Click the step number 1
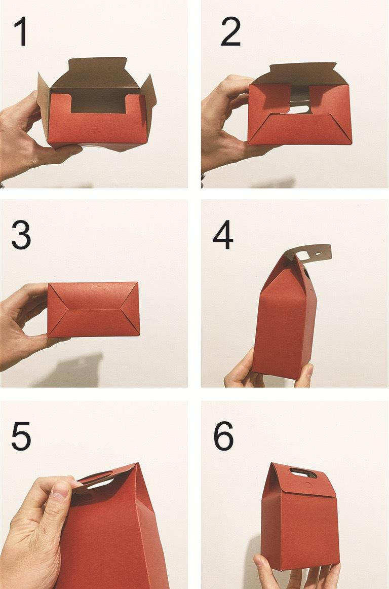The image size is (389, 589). click(x=21, y=31)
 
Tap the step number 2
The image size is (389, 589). click(x=230, y=31)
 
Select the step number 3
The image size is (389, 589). click(x=21, y=235)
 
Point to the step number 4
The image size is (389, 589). click(x=223, y=235)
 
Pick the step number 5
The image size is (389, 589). click(x=21, y=436)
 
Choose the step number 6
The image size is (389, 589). click(x=224, y=436)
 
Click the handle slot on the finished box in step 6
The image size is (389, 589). click(x=303, y=473)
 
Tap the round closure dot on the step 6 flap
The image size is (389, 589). click(x=308, y=485)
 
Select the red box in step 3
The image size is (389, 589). click(x=94, y=310)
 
